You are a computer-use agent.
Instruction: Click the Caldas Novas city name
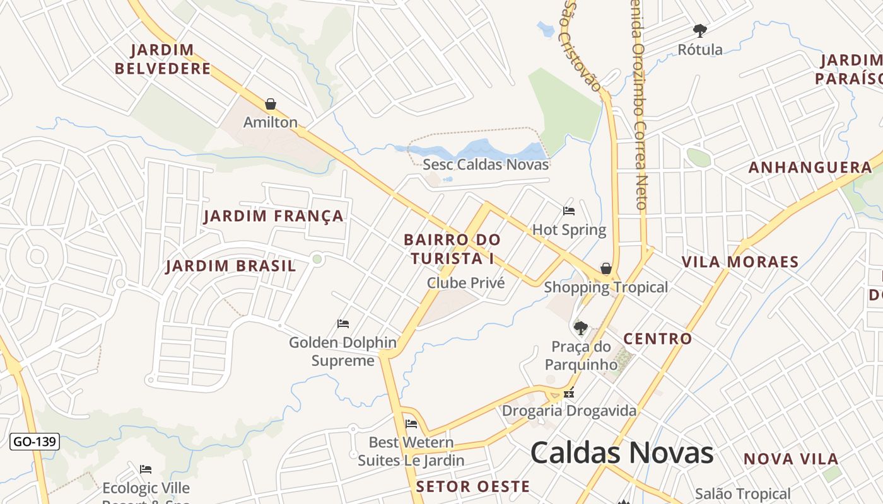[621, 452]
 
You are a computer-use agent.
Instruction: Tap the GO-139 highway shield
[35, 442]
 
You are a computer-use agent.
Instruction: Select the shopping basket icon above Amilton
[271, 104]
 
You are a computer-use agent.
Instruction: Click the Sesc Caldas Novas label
[486, 164]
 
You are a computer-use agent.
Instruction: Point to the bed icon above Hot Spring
[569, 211]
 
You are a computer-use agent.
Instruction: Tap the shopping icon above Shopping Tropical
[606, 269]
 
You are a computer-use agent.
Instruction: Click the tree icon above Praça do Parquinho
[580, 328]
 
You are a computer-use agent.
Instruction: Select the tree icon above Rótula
[699, 30]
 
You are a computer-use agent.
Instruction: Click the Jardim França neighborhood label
[274, 216]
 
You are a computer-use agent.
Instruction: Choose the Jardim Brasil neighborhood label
[231, 266]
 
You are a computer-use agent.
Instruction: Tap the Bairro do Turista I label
[452, 249]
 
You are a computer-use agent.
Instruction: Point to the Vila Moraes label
[740, 261]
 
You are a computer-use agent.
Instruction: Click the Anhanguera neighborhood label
[810, 168]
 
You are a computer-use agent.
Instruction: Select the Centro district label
[658, 338]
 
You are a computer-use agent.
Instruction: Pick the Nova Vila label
[791, 459]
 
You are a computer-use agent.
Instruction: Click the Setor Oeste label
[473, 486]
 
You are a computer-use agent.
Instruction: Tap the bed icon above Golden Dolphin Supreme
[343, 324]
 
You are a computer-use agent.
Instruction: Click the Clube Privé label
[466, 283]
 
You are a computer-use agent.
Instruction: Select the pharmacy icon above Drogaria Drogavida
[570, 393]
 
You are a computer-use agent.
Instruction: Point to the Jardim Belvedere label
[163, 59]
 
